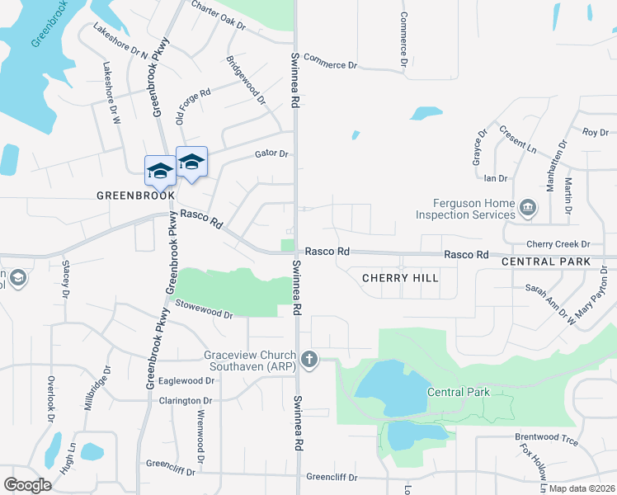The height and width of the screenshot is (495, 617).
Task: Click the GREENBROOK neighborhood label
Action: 136,196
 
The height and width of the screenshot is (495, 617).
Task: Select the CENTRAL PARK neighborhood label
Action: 546,262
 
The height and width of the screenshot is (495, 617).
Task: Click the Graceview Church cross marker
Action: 309,359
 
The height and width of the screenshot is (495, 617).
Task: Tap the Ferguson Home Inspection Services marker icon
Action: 529,207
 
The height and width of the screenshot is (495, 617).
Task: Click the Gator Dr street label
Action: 271,153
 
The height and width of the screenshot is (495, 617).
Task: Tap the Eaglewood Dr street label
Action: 186,380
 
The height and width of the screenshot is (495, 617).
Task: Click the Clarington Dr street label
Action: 185,401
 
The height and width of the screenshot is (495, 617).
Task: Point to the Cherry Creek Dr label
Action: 558,244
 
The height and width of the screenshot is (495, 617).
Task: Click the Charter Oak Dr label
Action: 218,16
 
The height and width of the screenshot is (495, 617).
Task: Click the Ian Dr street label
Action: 495,177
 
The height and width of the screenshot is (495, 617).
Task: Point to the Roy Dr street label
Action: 595,132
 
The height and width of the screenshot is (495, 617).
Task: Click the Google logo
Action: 27,485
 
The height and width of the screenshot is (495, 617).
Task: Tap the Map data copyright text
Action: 581,488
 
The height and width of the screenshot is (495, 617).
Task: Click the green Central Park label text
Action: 459,392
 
